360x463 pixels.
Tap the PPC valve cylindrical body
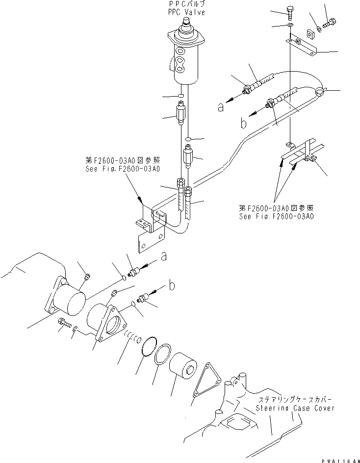click(x=186, y=61)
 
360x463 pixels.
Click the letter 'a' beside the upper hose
click(x=221, y=106)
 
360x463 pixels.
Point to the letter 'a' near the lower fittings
click(x=163, y=256)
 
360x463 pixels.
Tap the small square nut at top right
click(x=309, y=34)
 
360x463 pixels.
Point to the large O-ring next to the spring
click(x=148, y=349)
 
